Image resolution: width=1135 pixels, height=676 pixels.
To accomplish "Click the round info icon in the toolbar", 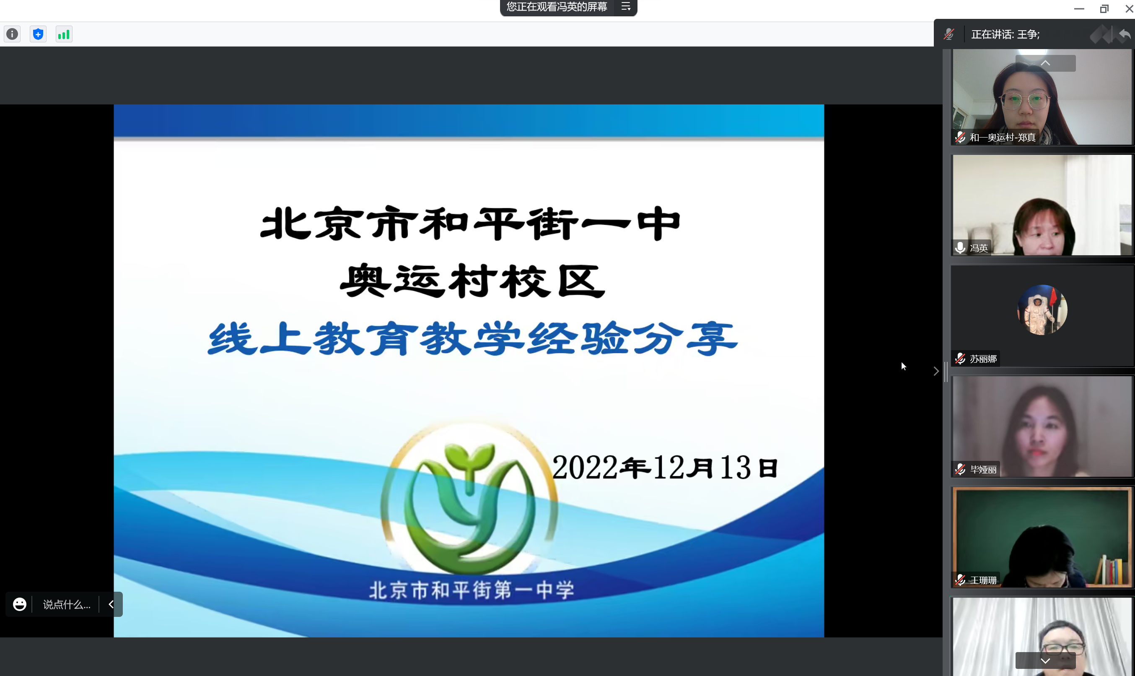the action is tap(12, 34).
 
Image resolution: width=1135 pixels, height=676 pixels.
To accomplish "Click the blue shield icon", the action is tap(38, 34).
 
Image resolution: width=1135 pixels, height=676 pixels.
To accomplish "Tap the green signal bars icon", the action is tap(64, 34).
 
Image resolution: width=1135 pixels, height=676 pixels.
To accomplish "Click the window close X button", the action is tap(1129, 9).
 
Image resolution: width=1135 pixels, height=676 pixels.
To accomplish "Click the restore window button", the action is tap(1104, 9).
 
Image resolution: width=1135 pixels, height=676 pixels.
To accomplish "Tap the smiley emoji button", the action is tap(20, 604).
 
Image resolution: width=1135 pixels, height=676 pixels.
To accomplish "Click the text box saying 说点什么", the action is tap(67, 604).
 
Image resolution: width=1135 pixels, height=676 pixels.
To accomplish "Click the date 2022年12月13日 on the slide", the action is tap(665, 467).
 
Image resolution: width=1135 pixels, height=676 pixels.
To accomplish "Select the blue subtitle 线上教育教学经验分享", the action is tap(472, 338).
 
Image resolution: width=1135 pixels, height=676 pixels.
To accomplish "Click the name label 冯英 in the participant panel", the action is tap(978, 248).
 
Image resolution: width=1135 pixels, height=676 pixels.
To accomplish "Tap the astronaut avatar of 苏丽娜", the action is tap(1042, 310).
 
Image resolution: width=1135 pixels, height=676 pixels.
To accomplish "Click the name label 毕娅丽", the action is tap(983, 470).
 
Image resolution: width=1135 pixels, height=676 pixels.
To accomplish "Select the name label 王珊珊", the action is tap(983, 580).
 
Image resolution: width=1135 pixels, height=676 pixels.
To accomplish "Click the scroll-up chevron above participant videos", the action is tap(1045, 63).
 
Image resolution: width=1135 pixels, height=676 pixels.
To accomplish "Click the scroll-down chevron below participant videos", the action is tap(1045, 660).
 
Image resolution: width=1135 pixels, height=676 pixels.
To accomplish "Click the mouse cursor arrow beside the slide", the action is tap(904, 366).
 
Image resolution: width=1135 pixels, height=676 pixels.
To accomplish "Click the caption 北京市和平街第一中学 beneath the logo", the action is tap(472, 590).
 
